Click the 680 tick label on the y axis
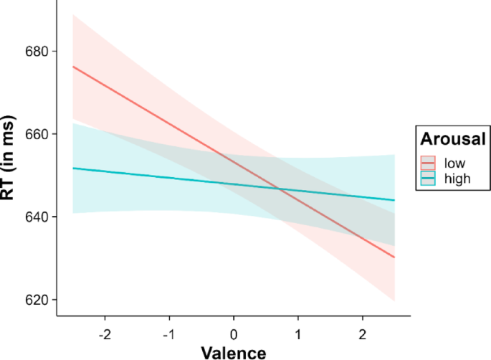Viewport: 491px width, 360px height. point(35,52)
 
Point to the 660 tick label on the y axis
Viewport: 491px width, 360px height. point(35,134)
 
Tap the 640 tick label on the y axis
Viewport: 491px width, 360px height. point(35,217)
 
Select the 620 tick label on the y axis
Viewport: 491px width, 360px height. point(35,300)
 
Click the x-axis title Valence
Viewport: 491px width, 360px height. point(233,351)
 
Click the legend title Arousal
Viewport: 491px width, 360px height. point(453,138)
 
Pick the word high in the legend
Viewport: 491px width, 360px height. point(457,179)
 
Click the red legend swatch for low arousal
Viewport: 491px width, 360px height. point(429,163)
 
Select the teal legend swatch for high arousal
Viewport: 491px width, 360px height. point(429,179)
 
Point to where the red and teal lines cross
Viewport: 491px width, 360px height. point(280,189)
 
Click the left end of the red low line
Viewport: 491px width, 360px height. point(73,67)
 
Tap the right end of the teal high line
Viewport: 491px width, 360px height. point(394,200)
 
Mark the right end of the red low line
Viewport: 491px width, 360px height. point(394,257)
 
